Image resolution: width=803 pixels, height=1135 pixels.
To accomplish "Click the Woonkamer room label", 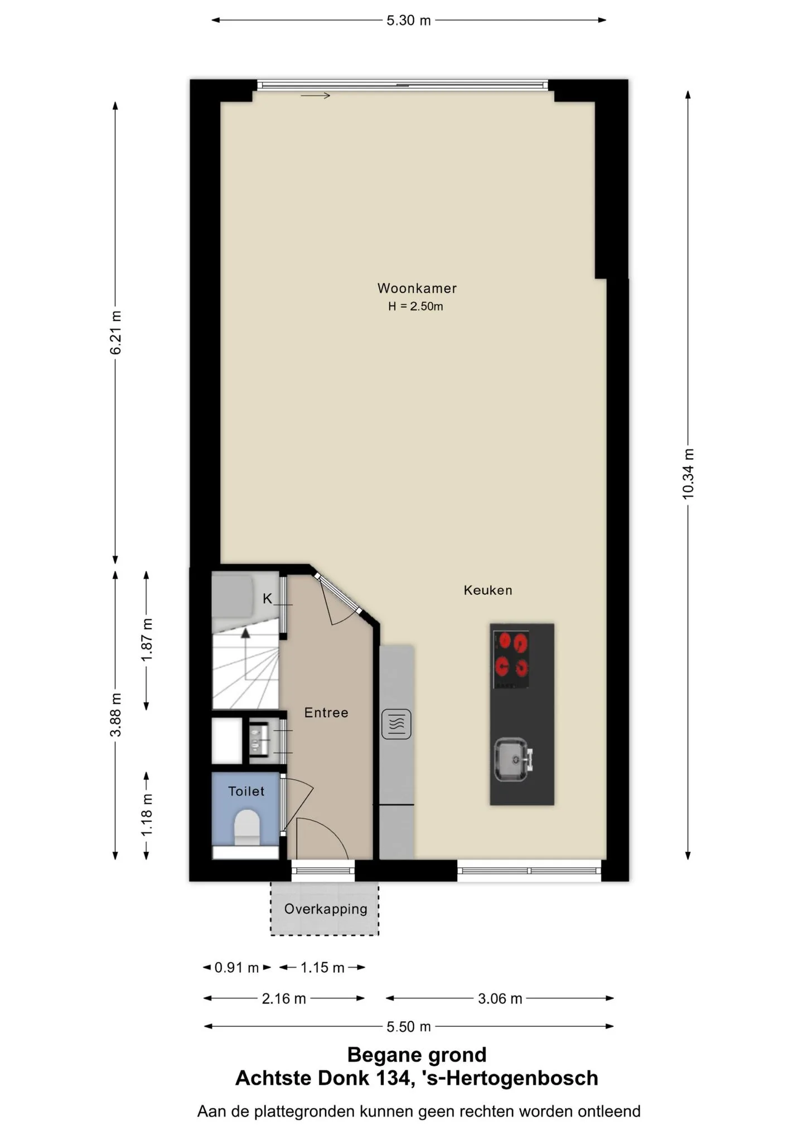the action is [x=417, y=288].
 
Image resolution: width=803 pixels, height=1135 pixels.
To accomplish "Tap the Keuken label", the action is [x=488, y=590].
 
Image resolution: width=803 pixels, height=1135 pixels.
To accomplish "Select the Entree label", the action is [x=326, y=712].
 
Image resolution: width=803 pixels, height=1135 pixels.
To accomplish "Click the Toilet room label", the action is [x=246, y=791].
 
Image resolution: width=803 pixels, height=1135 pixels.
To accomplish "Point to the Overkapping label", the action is [x=326, y=909].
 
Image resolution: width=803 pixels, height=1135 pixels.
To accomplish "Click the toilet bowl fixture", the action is [x=247, y=827].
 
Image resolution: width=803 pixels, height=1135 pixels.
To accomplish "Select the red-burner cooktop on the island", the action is [x=511, y=659].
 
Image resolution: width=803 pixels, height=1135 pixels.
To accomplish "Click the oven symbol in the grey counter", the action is [x=396, y=724].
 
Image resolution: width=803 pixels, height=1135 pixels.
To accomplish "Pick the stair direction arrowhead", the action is [x=245, y=633].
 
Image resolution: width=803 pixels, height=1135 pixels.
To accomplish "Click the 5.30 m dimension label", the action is [x=409, y=21].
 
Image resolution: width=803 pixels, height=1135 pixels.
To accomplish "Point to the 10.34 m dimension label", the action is [x=688, y=474].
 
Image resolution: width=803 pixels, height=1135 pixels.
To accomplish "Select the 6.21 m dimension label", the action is [x=115, y=333].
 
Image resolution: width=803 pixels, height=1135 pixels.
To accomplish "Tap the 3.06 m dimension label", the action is [x=500, y=998].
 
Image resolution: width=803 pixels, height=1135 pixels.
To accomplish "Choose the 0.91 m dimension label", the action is [x=237, y=967].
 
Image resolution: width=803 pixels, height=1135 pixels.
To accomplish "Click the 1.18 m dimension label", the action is [x=146, y=815].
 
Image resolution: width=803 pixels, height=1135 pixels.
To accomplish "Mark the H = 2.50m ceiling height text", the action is [x=416, y=306].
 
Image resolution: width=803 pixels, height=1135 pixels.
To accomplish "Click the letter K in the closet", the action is [x=268, y=599].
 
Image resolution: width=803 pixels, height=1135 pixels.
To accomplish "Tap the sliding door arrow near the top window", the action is [x=316, y=96].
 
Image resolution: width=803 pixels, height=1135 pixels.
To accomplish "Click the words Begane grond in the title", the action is [x=417, y=1055].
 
